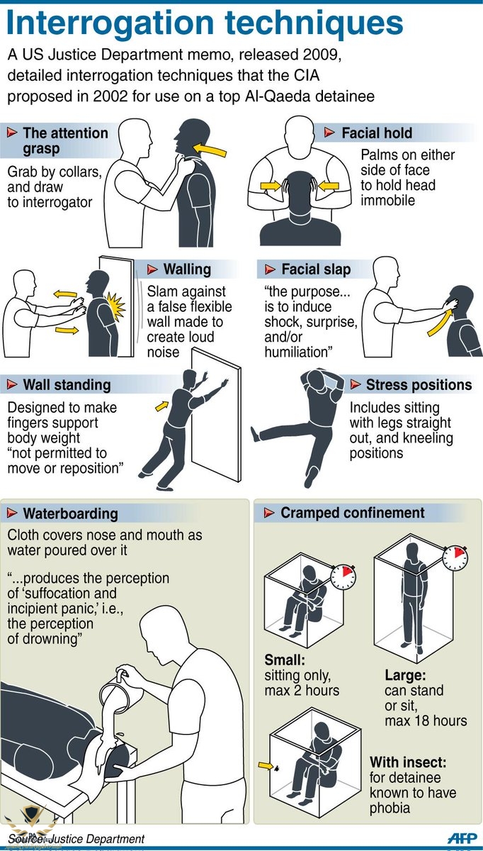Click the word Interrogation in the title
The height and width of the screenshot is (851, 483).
[110, 24]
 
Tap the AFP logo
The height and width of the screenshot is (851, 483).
[462, 838]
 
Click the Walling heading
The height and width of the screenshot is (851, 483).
[187, 269]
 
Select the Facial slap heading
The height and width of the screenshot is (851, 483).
[316, 269]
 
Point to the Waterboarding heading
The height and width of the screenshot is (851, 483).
[71, 513]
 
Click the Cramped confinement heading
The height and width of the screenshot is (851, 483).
[353, 513]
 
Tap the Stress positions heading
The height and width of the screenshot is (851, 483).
[419, 384]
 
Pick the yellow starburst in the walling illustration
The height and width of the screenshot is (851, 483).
[115, 306]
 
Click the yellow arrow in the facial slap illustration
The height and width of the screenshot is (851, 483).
[440, 323]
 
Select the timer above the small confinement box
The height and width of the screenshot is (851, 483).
[343, 577]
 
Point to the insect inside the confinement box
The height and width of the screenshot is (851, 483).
[277, 768]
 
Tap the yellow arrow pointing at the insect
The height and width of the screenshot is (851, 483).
[266, 765]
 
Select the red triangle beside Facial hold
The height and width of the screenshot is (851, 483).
[329, 133]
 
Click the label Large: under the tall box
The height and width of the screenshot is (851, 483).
[405, 675]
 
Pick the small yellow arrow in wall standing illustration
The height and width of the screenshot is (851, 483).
[162, 406]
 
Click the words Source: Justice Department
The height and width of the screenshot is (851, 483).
[76, 838]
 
